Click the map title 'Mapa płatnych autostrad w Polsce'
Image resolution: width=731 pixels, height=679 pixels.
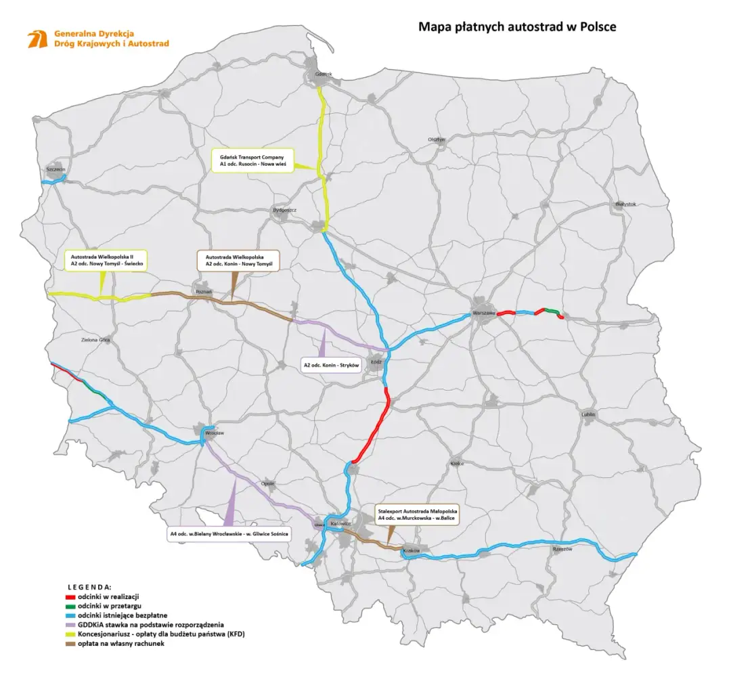[516, 27]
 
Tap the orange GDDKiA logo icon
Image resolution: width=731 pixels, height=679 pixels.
[37, 39]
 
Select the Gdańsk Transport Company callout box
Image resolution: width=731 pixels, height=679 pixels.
[252, 160]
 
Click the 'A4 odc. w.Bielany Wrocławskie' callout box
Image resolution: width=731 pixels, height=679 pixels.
[229, 534]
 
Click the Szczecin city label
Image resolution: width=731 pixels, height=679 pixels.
[55, 168]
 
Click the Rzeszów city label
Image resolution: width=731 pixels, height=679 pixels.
[562, 549]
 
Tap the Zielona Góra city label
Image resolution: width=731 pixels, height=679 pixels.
[95, 340]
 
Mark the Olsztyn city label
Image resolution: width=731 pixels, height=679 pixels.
[436, 139]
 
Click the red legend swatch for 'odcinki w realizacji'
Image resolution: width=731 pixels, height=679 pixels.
[68, 596]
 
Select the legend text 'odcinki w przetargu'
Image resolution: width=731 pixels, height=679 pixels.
[108, 606]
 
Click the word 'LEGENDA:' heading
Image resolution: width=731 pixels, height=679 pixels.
[89, 586]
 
